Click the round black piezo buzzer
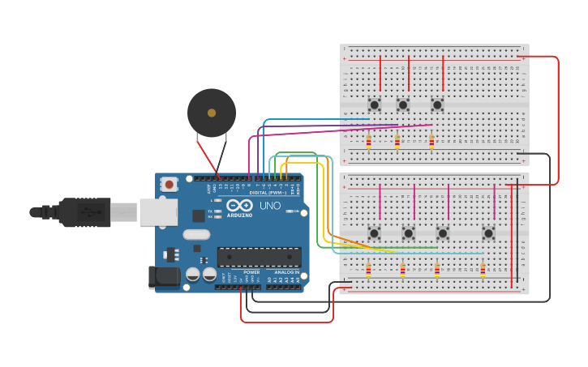[x=212, y=113]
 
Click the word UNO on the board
[x=269, y=206]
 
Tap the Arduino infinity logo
[x=239, y=205]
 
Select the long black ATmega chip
[x=259, y=257]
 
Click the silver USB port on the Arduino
[x=157, y=212]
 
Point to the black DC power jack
[x=165, y=276]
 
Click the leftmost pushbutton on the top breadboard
[x=374, y=105]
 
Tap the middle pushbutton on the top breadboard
[x=403, y=105]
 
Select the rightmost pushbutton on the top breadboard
[x=437, y=105]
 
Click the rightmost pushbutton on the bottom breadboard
[x=488, y=233]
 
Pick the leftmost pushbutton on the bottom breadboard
[x=374, y=233]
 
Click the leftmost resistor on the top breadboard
[x=368, y=143]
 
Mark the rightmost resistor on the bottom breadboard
[x=483, y=270]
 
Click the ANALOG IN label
[x=285, y=272]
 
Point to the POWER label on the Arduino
[x=251, y=272]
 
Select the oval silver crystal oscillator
[x=196, y=235]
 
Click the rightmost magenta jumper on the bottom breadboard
[x=494, y=202]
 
